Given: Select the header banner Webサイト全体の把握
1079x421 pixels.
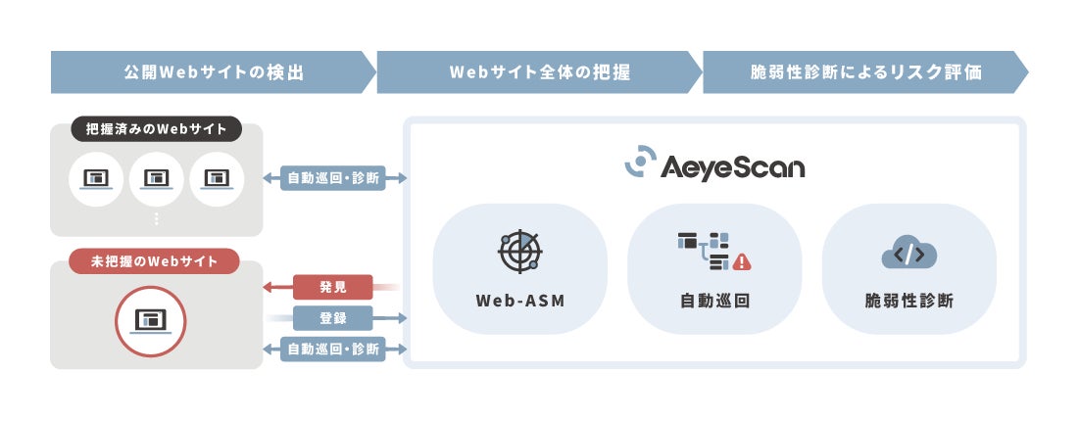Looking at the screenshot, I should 539,72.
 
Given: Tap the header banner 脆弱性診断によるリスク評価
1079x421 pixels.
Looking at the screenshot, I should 865,72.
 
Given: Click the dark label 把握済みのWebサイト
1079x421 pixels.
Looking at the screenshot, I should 157,129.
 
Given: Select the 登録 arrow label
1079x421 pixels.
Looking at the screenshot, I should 333,318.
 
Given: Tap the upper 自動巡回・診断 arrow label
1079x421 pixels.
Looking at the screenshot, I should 333,178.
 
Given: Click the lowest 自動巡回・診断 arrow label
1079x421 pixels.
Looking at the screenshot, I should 333,349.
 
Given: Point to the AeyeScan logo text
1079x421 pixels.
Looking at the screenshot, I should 733,165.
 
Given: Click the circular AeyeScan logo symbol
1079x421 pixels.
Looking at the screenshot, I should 641,162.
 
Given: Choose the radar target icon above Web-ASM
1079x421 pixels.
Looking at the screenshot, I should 519,251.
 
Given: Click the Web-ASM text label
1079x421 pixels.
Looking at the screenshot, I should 519,301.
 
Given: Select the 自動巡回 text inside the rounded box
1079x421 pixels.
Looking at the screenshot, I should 715,301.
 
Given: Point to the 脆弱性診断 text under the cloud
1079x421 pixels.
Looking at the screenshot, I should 908,301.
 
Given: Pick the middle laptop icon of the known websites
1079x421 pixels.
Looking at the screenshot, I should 157,178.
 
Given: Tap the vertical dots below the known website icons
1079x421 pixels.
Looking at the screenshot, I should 157,219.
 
